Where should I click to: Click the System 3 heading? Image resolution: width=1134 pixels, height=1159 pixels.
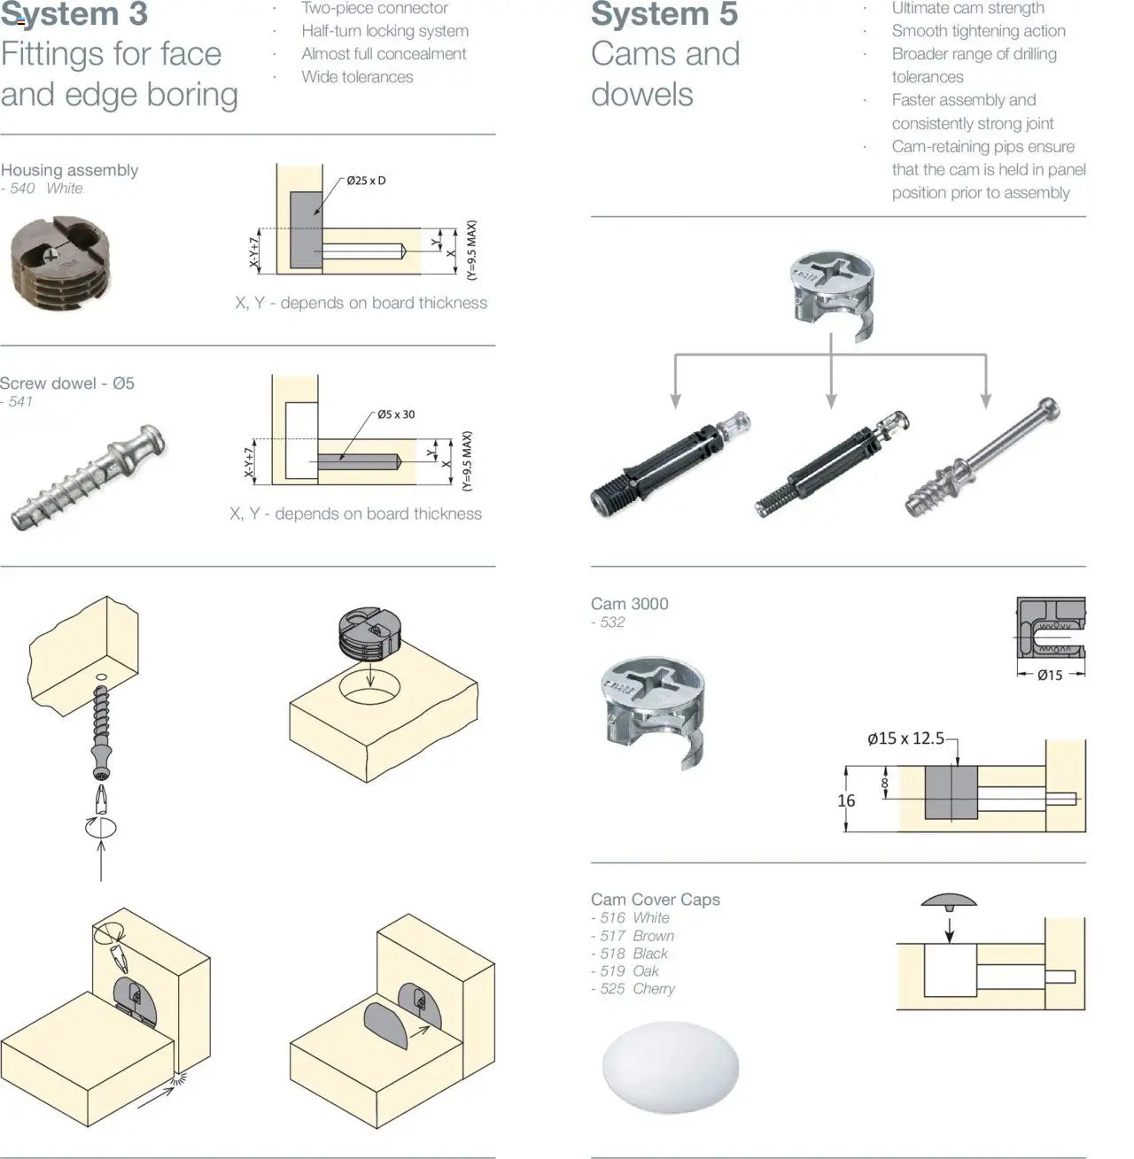pyautogui.click(x=74, y=15)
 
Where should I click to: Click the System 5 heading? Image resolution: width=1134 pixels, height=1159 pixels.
pyautogui.click(x=664, y=15)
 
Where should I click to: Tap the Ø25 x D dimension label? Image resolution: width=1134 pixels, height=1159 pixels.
pyautogui.click(x=366, y=181)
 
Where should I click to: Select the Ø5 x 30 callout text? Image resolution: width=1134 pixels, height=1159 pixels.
pyautogui.click(x=395, y=414)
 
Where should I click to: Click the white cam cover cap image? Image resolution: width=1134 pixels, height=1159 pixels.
pyautogui.click(x=670, y=1066)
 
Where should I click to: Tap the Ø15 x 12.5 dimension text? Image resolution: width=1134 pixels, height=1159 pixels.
pyautogui.click(x=905, y=738)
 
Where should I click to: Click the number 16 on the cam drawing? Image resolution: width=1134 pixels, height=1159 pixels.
pyautogui.click(x=846, y=800)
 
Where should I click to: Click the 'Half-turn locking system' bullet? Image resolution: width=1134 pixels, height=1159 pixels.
pyautogui.click(x=384, y=31)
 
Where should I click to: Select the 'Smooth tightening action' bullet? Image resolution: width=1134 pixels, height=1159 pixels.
pyautogui.click(x=978, y=31)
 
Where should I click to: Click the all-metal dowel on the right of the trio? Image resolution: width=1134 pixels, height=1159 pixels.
pyautogui.click(x=983, y=459)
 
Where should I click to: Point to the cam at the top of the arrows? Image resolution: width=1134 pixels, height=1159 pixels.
pyautogui.click(x=831, y=293)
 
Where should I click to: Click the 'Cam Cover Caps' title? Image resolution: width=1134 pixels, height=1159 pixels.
pyautogui.click(x=655, y=900)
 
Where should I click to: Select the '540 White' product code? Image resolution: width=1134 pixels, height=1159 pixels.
pyautogui.click(x=46, y=189)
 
